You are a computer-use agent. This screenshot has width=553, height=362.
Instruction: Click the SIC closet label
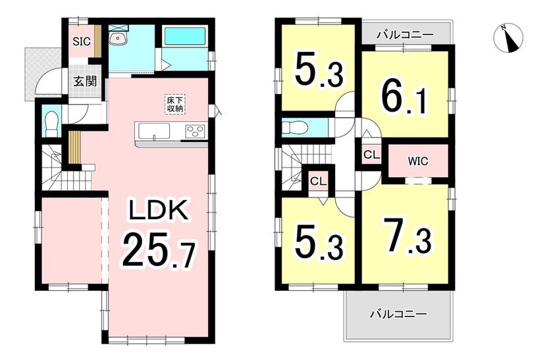(x=82, y=41)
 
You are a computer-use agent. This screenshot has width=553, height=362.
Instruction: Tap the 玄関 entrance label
(x=85, y=82)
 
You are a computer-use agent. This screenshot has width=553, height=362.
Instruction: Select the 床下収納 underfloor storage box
(x=175, y=104)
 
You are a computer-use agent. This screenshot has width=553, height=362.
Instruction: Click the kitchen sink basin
(x=154, y=132)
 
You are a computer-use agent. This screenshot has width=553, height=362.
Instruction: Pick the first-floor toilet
(x=51, y=122)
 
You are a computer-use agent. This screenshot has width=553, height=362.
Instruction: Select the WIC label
(x=418, y=161)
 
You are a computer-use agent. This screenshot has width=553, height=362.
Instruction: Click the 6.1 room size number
(x=403, y=95)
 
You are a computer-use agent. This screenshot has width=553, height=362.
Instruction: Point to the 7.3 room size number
(x=407, y=236)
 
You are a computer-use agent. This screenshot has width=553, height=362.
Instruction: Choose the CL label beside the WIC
(x=371, y=155)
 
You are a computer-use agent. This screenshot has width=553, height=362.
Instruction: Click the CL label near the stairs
(x=319, y=182)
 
